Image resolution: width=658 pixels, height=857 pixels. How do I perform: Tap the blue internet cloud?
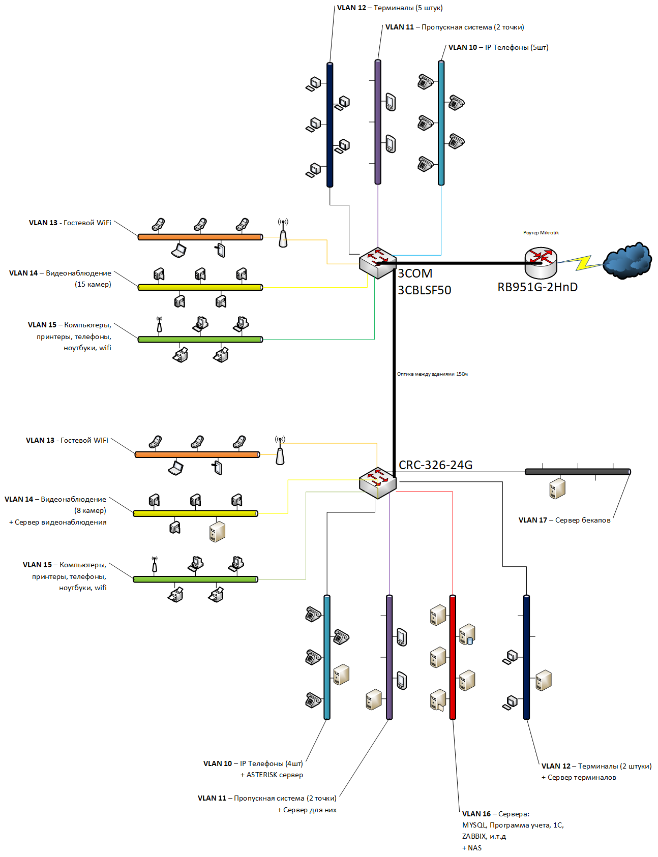[627, 261]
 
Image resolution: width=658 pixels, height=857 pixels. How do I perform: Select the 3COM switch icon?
[377, 263]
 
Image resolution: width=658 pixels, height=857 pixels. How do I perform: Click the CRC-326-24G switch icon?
[377, 483]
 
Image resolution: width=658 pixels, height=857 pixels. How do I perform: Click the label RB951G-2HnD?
[537, 287]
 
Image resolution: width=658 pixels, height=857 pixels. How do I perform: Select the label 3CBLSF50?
[424, 290]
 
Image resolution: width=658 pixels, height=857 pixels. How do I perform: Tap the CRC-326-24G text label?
[435, 465]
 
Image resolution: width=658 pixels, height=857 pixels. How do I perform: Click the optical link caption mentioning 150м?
[432, 374]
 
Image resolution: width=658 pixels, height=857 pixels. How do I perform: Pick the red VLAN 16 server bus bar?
[453, 657]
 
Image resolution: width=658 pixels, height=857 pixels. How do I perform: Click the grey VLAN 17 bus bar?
[578, 472]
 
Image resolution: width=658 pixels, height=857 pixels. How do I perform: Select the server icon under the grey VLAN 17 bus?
[557, 488]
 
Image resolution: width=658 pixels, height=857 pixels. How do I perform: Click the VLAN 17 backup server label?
[564, 520]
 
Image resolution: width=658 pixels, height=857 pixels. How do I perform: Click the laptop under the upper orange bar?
[178, 251]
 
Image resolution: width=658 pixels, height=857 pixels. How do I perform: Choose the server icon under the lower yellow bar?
[217, 531]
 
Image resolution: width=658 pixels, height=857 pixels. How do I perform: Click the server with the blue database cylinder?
[467, 634]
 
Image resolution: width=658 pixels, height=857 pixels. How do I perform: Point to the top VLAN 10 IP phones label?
[498, 47]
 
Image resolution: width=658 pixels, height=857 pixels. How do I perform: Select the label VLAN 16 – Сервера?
[496, 814]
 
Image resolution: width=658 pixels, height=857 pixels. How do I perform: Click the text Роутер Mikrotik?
[541, 233]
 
